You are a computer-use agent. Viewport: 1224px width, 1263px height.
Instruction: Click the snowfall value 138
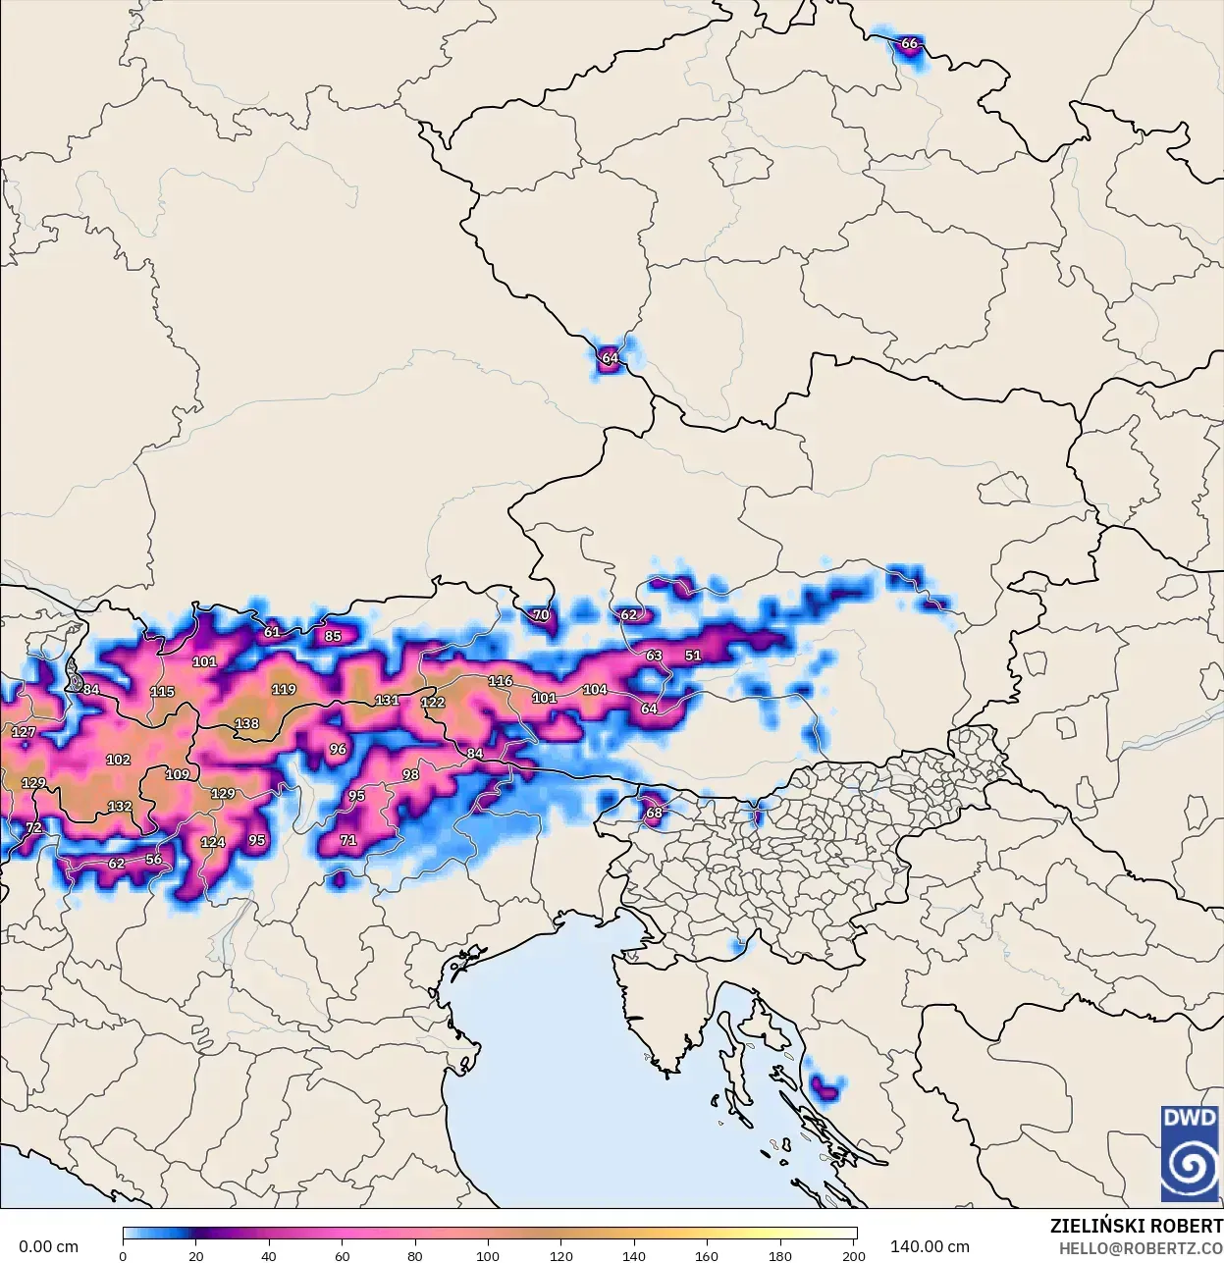(246, 724)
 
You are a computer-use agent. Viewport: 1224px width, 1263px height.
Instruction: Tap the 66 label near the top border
(909, 43)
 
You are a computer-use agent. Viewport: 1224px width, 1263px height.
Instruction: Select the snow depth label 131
(387, 701)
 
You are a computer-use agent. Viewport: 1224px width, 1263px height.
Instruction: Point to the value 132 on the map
(120, 807)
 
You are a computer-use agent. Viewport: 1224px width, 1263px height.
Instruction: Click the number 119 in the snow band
(284, 690)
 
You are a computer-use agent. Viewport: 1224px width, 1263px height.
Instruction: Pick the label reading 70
(541, 615)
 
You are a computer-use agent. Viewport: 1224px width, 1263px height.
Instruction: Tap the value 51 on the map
(693, 656)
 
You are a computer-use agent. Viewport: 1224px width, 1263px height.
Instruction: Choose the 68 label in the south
(654, 813)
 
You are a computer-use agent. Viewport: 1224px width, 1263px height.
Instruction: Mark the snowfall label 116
(501, 681)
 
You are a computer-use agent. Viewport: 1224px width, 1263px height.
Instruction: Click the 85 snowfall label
(333, 636)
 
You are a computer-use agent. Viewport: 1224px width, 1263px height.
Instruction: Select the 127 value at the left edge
(24, 732)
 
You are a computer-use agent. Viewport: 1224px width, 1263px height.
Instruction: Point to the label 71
(347, 840)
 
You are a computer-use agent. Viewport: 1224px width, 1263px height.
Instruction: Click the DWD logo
(1190, 1153)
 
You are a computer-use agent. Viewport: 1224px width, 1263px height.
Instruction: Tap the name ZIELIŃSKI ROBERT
(1136, 1226)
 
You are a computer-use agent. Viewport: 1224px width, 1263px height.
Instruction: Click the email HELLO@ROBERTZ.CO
(1140, 1247)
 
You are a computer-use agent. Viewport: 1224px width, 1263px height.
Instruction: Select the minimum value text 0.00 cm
(48, 1247)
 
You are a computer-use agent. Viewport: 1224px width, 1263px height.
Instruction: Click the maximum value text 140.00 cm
(930, 1247)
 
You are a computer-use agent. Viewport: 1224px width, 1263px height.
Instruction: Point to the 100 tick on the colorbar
(488, 1256)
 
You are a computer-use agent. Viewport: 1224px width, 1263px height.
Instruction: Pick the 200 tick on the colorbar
(853, 1256)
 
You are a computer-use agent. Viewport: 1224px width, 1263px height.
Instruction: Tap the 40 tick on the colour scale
(269, 1256)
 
